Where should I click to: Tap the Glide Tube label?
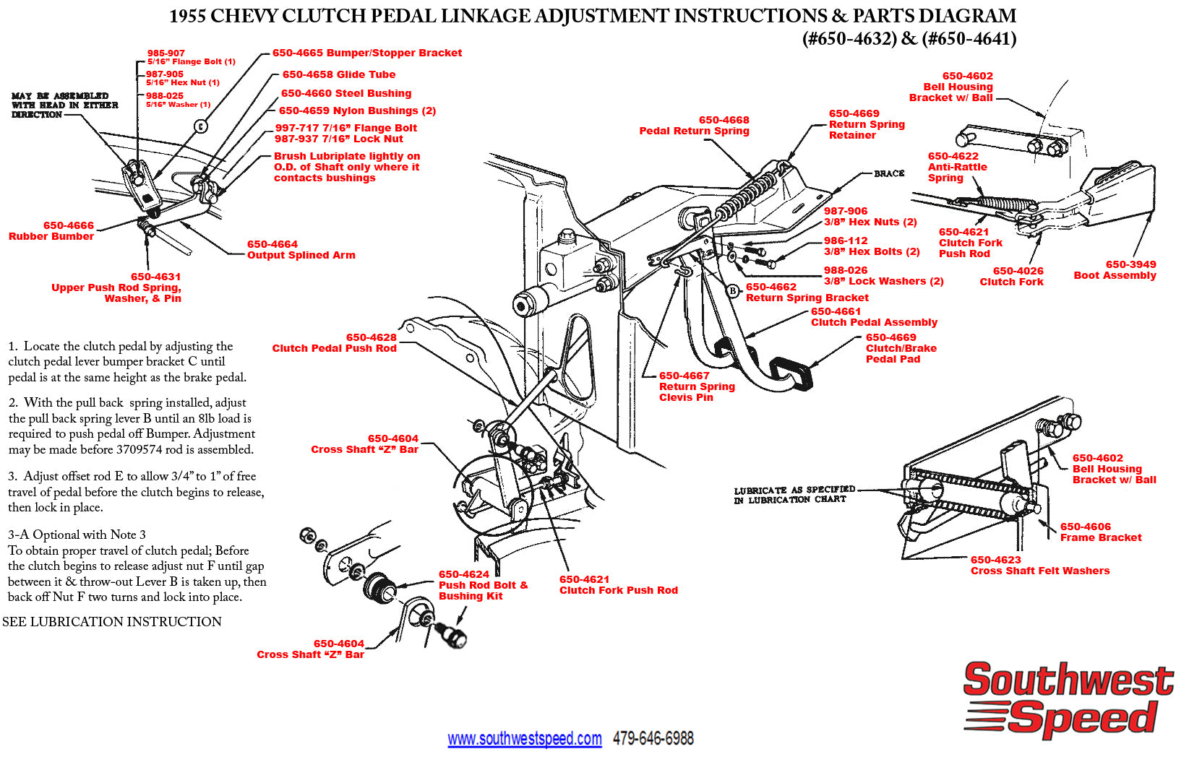point(338,74)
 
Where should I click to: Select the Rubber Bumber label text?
point(51,236)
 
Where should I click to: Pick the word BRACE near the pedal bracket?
point(888,173)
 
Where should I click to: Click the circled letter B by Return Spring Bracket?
point(733,291)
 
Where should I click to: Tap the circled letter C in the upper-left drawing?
point(201,126)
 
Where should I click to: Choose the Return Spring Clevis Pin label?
point(696,386)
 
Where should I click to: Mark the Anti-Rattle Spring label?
point(957,167)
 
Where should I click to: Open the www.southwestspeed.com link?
point(524,739)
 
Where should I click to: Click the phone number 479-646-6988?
point(653,738)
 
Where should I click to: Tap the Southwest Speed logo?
point(1068,699)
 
